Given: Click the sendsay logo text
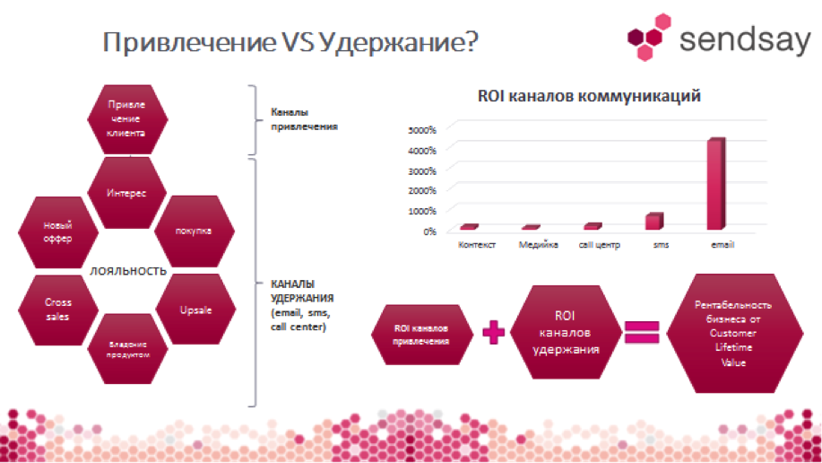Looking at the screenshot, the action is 745,40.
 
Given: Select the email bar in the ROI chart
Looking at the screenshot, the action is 716,184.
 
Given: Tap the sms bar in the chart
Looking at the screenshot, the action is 654,221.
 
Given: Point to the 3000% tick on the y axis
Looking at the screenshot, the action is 422,171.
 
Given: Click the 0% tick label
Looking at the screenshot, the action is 430,231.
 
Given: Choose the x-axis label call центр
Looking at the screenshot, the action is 599,245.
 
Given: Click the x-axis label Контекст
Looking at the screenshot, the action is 477,245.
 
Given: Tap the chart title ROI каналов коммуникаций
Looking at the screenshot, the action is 589,96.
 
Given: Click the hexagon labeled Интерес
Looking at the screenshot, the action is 127,193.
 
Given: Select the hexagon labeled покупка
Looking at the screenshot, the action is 194,231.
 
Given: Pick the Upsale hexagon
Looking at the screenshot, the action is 195,310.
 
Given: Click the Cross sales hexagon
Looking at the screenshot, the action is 58,310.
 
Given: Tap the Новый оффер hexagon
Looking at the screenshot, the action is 58,232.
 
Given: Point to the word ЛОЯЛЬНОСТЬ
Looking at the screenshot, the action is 128,271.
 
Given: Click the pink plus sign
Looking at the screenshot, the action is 493,332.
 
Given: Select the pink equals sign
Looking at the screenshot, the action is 642,332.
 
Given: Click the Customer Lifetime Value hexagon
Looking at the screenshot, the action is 734,333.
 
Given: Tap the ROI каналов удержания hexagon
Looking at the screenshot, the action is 565,332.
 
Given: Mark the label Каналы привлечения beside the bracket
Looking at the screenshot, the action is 304,119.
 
